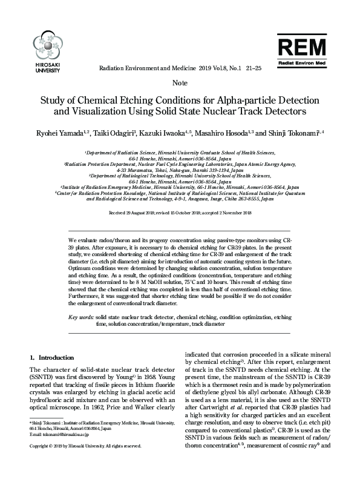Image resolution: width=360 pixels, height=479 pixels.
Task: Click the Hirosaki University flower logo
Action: point(47,46)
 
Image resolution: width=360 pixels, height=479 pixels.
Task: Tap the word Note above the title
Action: point(180,83)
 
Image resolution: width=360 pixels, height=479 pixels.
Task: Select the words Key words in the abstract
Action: point(81,317)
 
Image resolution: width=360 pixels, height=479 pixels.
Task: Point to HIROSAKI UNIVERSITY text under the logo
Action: point(47,67)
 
